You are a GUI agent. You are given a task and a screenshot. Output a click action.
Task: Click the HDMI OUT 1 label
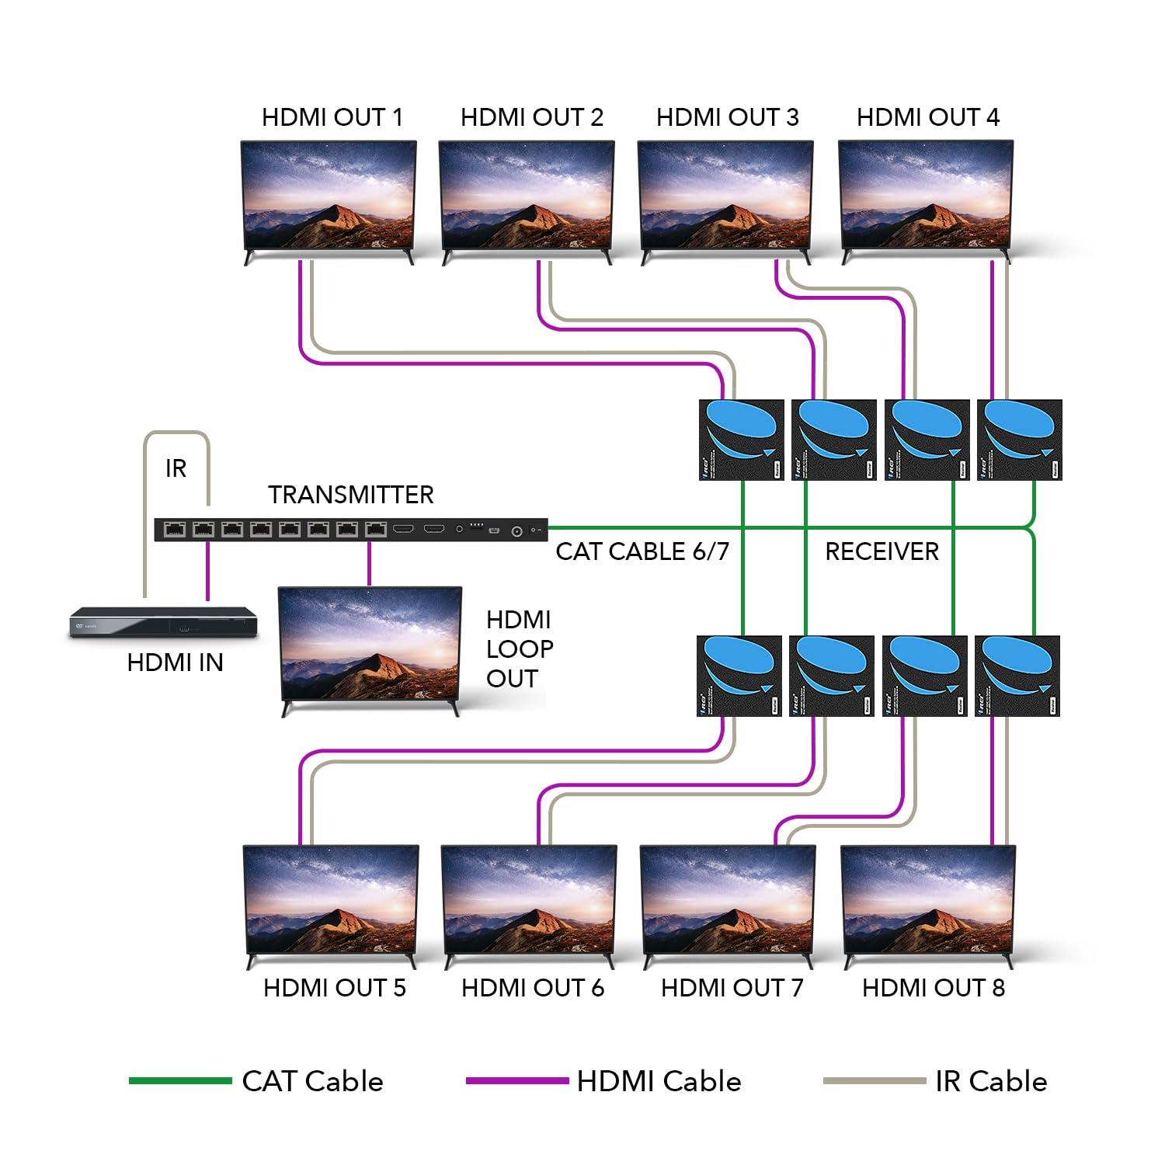(332, 117)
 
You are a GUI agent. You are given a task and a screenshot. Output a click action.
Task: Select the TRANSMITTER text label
(350, 495)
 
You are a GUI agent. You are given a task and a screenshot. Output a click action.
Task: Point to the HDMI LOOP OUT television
(370, 645)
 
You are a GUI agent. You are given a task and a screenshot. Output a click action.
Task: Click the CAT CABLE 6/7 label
(642, 551)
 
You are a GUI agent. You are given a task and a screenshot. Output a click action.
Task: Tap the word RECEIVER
(882, 551)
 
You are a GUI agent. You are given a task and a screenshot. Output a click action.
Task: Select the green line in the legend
(179, 1080)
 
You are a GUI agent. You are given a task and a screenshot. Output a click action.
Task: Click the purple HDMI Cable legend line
(516, 1080)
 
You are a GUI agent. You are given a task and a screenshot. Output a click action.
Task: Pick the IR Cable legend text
(990, 1081)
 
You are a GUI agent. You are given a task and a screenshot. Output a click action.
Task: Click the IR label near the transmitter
(176, 468)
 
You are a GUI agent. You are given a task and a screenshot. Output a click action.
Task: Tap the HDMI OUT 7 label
(732, 988)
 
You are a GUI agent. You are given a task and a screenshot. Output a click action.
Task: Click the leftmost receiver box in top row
(742, 440)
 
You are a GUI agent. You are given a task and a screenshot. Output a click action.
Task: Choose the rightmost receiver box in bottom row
(1017, 675)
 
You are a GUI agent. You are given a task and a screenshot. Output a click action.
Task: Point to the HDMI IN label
(175, 662)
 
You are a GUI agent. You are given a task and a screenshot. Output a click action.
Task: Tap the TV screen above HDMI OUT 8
(928, 901)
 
